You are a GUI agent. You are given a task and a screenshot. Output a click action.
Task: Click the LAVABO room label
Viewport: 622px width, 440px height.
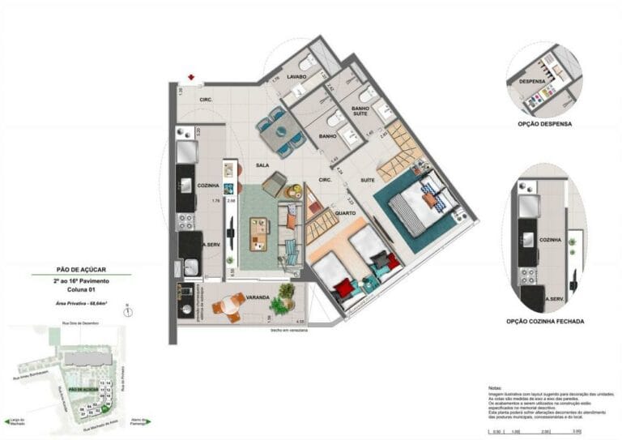[296, 77]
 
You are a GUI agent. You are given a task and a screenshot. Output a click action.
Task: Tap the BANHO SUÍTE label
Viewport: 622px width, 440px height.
[361, 113]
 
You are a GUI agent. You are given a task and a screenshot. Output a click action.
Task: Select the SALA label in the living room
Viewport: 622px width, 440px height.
[262, 164]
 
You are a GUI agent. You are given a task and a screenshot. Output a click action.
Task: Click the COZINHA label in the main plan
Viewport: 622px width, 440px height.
[209, 186]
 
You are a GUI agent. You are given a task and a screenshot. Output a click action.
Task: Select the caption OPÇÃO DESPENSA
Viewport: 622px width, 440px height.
[544, 125]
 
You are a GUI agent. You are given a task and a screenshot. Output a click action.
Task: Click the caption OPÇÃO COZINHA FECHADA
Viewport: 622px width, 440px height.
[544, 322]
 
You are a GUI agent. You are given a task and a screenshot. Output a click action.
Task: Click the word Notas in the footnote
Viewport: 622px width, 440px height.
[496, 388]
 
